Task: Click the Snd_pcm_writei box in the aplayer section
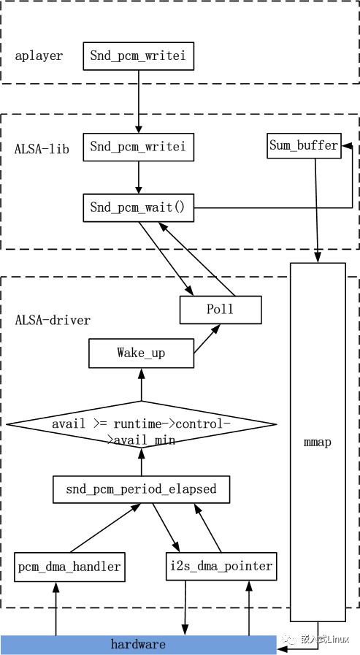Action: point(138,56)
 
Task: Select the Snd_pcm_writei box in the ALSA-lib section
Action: point(138,147)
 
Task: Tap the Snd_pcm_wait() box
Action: point(138,207)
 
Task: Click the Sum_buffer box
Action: point(304,146)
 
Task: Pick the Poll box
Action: point(221,310)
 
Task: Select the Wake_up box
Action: point(141,353)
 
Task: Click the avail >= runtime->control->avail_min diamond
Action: point(141,424)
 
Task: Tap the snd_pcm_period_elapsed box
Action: point(141,489)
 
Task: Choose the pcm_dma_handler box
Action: point(69,567)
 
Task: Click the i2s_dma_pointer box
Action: point(221,567)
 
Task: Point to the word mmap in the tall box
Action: point(318,443)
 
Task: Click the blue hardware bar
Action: point(138,645)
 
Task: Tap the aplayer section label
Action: point(39,56)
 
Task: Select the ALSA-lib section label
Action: point(42,149)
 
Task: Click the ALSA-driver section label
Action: point(53,321)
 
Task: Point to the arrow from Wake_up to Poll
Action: point(207,339)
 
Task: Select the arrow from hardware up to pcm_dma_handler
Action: point(55,608)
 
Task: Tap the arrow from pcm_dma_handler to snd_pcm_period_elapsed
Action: point(105,528)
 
